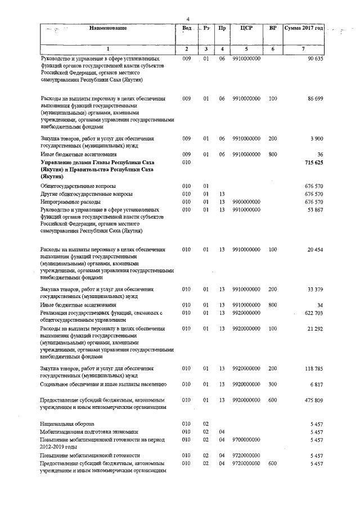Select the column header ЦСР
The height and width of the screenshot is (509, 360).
(x=246, y=28)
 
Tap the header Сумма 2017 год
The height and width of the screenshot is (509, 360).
(x=304, y=28)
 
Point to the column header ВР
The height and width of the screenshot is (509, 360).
(x=273, y=28)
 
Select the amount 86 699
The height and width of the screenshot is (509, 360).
(x=314, y=98)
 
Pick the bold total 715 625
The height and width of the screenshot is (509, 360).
(x=313, y=161)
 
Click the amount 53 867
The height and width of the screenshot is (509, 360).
(x=314, y=209)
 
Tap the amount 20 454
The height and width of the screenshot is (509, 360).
(x=314, y=249)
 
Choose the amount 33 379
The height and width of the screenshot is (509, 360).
(x=314, y=289)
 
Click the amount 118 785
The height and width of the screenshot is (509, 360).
(x=313, y=368)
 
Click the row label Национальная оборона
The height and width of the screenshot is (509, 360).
(x=67, y=423)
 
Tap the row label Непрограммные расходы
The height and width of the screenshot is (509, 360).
(x=70, y=201)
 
